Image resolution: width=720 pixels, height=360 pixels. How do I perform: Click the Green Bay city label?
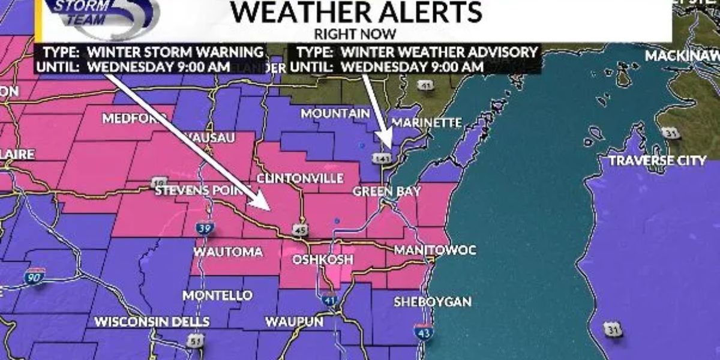tap(386, 191)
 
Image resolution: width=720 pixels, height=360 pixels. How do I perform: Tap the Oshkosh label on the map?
tap(317, 259)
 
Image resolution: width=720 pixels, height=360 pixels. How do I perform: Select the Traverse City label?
tap(658, 161)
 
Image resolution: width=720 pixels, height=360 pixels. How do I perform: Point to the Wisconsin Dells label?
tap(152, 322)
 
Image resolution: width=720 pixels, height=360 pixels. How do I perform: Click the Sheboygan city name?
tap(432, 302)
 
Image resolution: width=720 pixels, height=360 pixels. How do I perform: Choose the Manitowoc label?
tap(435, 250)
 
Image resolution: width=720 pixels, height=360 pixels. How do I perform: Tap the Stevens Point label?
tap(202, 191)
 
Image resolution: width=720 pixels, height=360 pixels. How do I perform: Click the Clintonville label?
tap(300, 178)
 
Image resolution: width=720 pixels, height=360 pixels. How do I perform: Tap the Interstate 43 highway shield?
tap(423, 331)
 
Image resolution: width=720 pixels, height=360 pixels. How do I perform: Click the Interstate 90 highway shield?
tap(35, 277)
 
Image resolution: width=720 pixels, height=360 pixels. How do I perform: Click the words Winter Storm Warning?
tap(176, 52)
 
